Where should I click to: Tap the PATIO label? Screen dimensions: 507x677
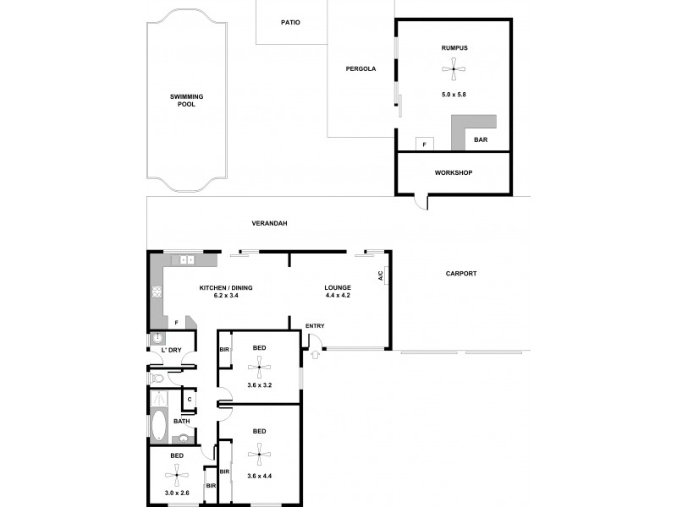290,23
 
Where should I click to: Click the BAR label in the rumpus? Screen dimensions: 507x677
480,140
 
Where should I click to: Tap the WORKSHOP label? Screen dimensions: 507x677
453,173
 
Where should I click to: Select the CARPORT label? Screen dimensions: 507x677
461,274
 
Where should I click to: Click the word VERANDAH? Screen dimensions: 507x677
270,223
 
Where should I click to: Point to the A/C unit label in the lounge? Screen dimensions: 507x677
382,275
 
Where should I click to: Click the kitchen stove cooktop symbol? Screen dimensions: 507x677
157,293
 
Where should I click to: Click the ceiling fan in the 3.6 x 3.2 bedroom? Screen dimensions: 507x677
259,365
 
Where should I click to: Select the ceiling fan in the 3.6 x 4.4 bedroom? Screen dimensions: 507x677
259,454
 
